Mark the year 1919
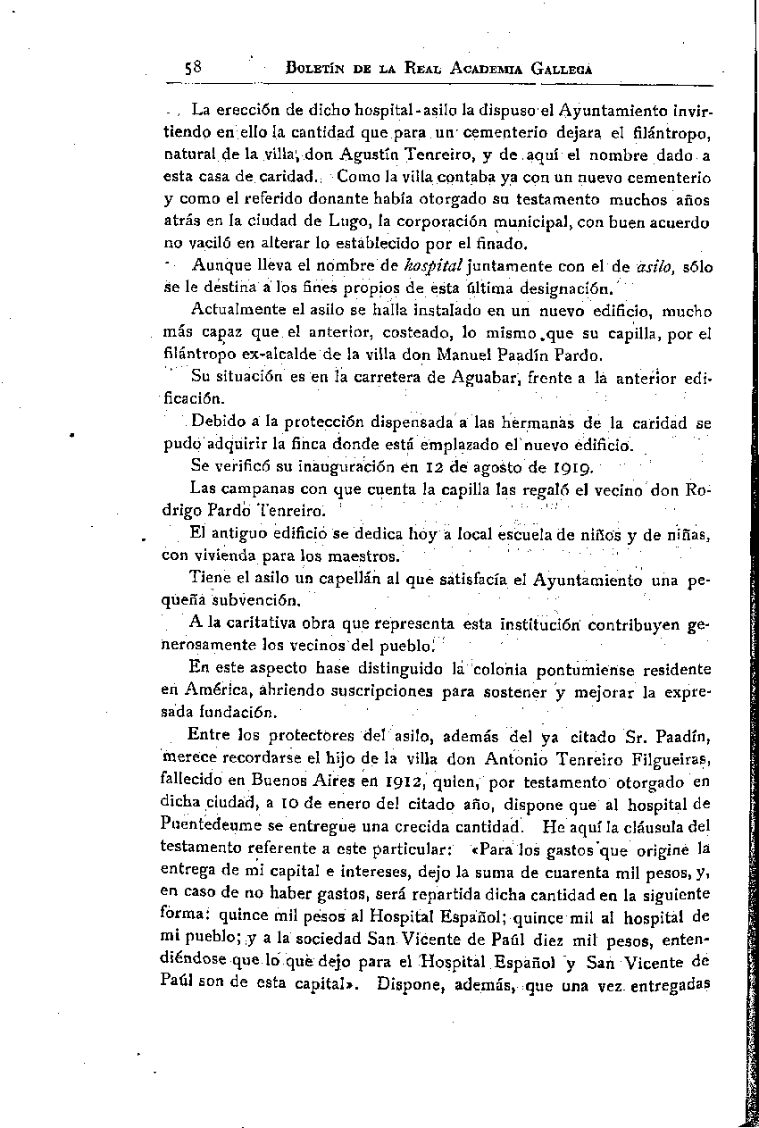click(x=570, y=465)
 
